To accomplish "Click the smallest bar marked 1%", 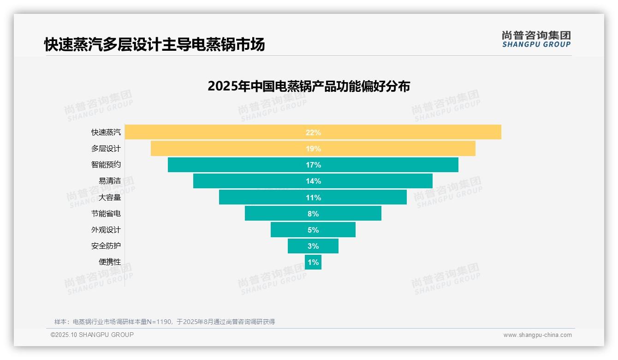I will click(313, 262).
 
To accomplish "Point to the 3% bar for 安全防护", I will click(313, 246).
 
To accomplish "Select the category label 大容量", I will click(109, 198).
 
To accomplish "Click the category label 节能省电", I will click(106, 214).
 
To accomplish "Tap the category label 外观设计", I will click(106, 230).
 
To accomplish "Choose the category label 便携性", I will click(109, 262).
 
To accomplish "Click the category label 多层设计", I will click(106, 149).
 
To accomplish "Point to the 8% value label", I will click(313, 214).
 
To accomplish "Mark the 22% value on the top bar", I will click(313, 132).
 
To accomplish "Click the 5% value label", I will click(313, 230).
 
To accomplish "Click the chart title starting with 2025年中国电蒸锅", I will click(309, 86).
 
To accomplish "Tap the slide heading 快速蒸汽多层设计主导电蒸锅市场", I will click(154, 45).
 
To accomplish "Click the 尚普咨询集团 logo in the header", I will click(536, 39).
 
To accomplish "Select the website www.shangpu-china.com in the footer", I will click(537, 335).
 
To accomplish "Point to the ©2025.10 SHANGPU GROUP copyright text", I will click(92, 335).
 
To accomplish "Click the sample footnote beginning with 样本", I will click(165, 322).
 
